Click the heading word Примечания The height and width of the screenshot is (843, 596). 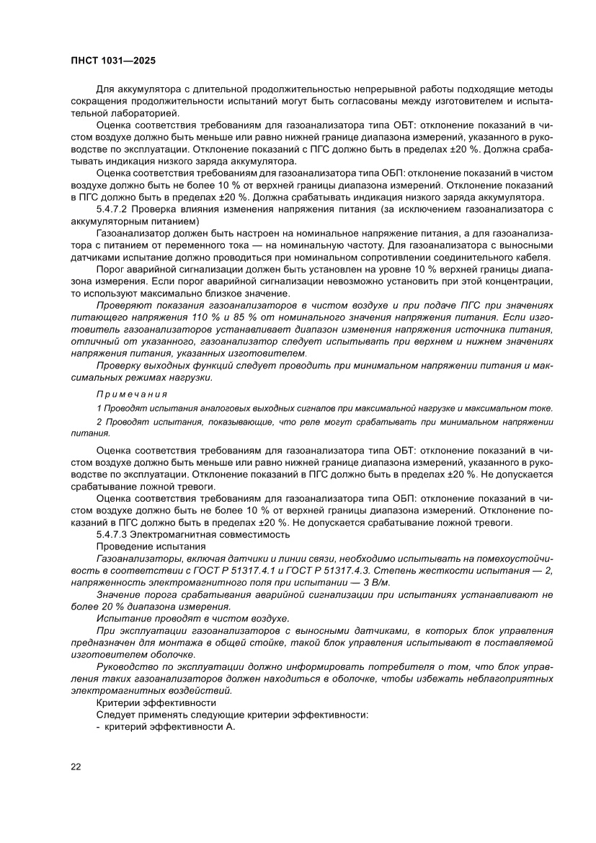131,394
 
